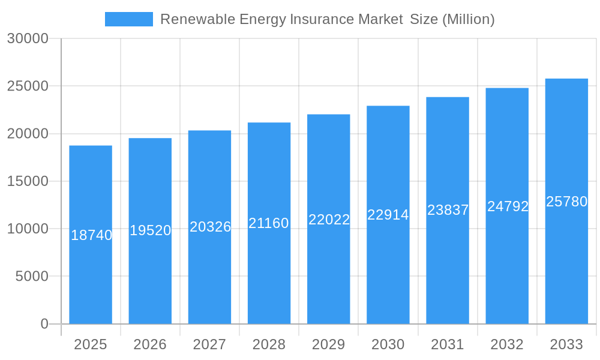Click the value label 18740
[91, 235]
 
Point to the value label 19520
[151, 230]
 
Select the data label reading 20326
[210, 227]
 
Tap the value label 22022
[329, 220]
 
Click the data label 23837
[448, 210]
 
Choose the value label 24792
[508, 206]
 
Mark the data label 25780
[566, 202]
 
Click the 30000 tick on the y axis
[28, 38]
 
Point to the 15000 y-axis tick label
[28, 181]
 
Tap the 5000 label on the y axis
[31, 277]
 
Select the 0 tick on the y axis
[44, 324]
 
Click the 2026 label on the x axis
[150, 344]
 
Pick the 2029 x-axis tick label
[329, 344]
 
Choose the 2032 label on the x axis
[507, 344]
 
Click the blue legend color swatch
[129, 19]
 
